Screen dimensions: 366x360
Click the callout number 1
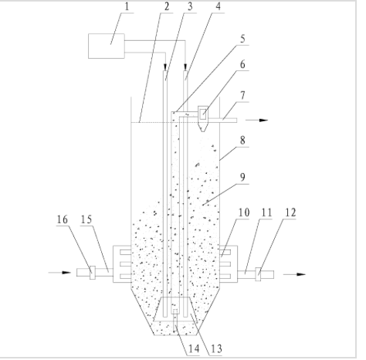(x=127, y=7)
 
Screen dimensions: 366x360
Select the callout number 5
(x=242, y=39)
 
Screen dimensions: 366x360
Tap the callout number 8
(x=242, y=141)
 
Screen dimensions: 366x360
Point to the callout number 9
(x=242, y=178)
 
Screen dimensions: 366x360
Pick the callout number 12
(x=290, y=212)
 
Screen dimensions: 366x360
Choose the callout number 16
(x=63, y=219)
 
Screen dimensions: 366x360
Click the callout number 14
(x=194, y=349)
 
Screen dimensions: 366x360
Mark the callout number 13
(x=216, y=349)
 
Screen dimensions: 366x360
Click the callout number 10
(x=244, y=212)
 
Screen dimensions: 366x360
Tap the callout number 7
(x=242, y=96)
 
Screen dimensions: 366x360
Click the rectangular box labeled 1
(x=107, y=46)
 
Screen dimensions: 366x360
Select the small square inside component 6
(x=203, y=114)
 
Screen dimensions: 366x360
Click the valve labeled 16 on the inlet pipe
(x=93, y=273)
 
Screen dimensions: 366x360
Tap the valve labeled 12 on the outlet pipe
(x=258, y=274)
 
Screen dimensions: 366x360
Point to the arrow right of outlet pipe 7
(x=257, y=121)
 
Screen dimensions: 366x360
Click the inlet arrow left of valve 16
(x=59, y=273)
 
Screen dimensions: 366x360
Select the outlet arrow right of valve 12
(x=294, y=274)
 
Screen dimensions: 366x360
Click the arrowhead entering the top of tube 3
(x=165, y=67)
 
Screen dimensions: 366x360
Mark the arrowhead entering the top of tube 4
(x=185, y=67)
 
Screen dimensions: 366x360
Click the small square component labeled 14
(x=175, y=311)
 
